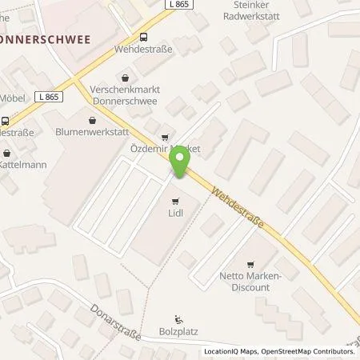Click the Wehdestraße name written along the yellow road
coord(242,208)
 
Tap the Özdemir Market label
coord(165,150)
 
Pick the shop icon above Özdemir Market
coord(166,137)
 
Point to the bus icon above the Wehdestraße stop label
coord(143,36)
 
